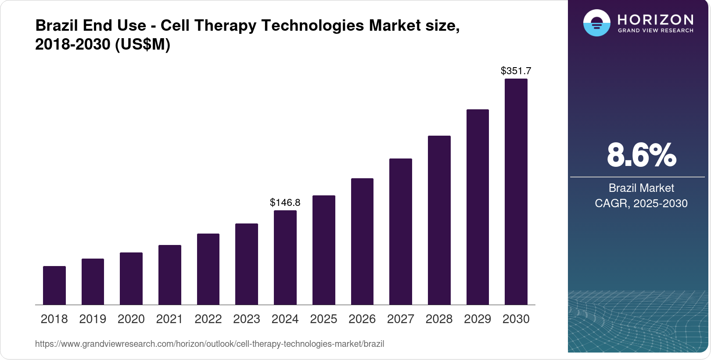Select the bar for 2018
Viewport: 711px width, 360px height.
(54, 285)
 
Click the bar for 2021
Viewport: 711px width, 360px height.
(170, 275)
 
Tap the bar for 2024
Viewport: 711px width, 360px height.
(285, 258)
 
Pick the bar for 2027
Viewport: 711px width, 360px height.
(401, 232)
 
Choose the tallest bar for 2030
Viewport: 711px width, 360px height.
(516, 192)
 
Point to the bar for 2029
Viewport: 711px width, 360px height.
(478, 207)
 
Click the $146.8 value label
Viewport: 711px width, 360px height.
(285, 202)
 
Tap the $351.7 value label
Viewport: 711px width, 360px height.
(516, 71)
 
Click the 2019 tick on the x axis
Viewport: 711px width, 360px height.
(93, 319)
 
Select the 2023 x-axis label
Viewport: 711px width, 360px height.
(247, 319)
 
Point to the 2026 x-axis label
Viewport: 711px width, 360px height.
(362, 319)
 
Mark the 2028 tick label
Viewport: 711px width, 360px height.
(439, 319)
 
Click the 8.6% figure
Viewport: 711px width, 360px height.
(641, 155)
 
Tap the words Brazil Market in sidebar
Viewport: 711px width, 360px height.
(641, 188)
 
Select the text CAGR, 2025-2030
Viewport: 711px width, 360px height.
(641, 203)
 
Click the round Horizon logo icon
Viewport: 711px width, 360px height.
(596, 23)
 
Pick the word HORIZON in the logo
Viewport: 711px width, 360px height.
(655, 19)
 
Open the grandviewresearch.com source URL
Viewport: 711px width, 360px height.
(209, 344)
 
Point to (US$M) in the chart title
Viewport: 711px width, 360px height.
(143, 44)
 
